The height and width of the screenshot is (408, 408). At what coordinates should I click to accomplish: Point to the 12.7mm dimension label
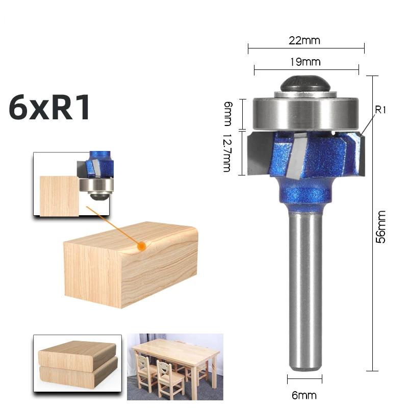click(227, 153)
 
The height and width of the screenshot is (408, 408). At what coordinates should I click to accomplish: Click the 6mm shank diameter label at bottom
click(304, 395)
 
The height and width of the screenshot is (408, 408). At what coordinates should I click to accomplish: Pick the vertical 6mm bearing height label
click(227, 113)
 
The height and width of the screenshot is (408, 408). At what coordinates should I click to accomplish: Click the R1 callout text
click(381, 110)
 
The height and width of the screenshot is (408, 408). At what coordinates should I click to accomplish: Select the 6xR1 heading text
click(50, 108)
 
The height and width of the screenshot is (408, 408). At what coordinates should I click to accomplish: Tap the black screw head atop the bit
click(304, 84)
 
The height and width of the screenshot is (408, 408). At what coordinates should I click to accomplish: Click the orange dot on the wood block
click(142, 246)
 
